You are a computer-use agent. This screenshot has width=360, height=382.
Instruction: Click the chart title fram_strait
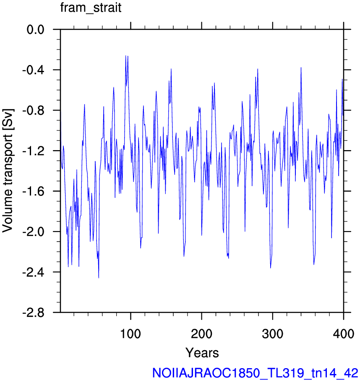pos(91,8)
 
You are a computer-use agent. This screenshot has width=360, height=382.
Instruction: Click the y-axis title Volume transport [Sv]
pos(8,171)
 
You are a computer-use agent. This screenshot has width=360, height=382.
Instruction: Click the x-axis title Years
pos(202,353)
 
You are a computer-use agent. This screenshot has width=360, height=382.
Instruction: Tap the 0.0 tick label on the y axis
pos(35,30)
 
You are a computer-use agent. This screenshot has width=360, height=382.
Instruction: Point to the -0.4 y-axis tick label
pos(34,70)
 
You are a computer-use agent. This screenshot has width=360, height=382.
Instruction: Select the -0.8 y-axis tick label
pos(34,111)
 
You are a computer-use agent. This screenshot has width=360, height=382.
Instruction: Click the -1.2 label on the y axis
pos(34,151)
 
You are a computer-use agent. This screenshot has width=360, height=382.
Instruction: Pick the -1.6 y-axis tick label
pos(34,192)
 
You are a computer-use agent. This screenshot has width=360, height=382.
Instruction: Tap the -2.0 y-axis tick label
pos(34,232)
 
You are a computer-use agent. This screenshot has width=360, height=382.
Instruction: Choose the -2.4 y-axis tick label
pos(34,272)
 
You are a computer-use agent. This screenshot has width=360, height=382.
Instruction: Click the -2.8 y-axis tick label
pos(34,312)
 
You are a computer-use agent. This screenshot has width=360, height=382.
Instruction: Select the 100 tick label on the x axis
pos(130,333)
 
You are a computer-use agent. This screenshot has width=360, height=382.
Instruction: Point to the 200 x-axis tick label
pos(201,333)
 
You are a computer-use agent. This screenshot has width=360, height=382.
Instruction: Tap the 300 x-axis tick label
pos(272,333)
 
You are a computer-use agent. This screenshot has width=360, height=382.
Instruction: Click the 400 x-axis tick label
pos(343,333)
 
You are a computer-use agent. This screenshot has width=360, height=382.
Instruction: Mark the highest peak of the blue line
pos(126,55)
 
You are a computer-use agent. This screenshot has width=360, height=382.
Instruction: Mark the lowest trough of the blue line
pos(99,278)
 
